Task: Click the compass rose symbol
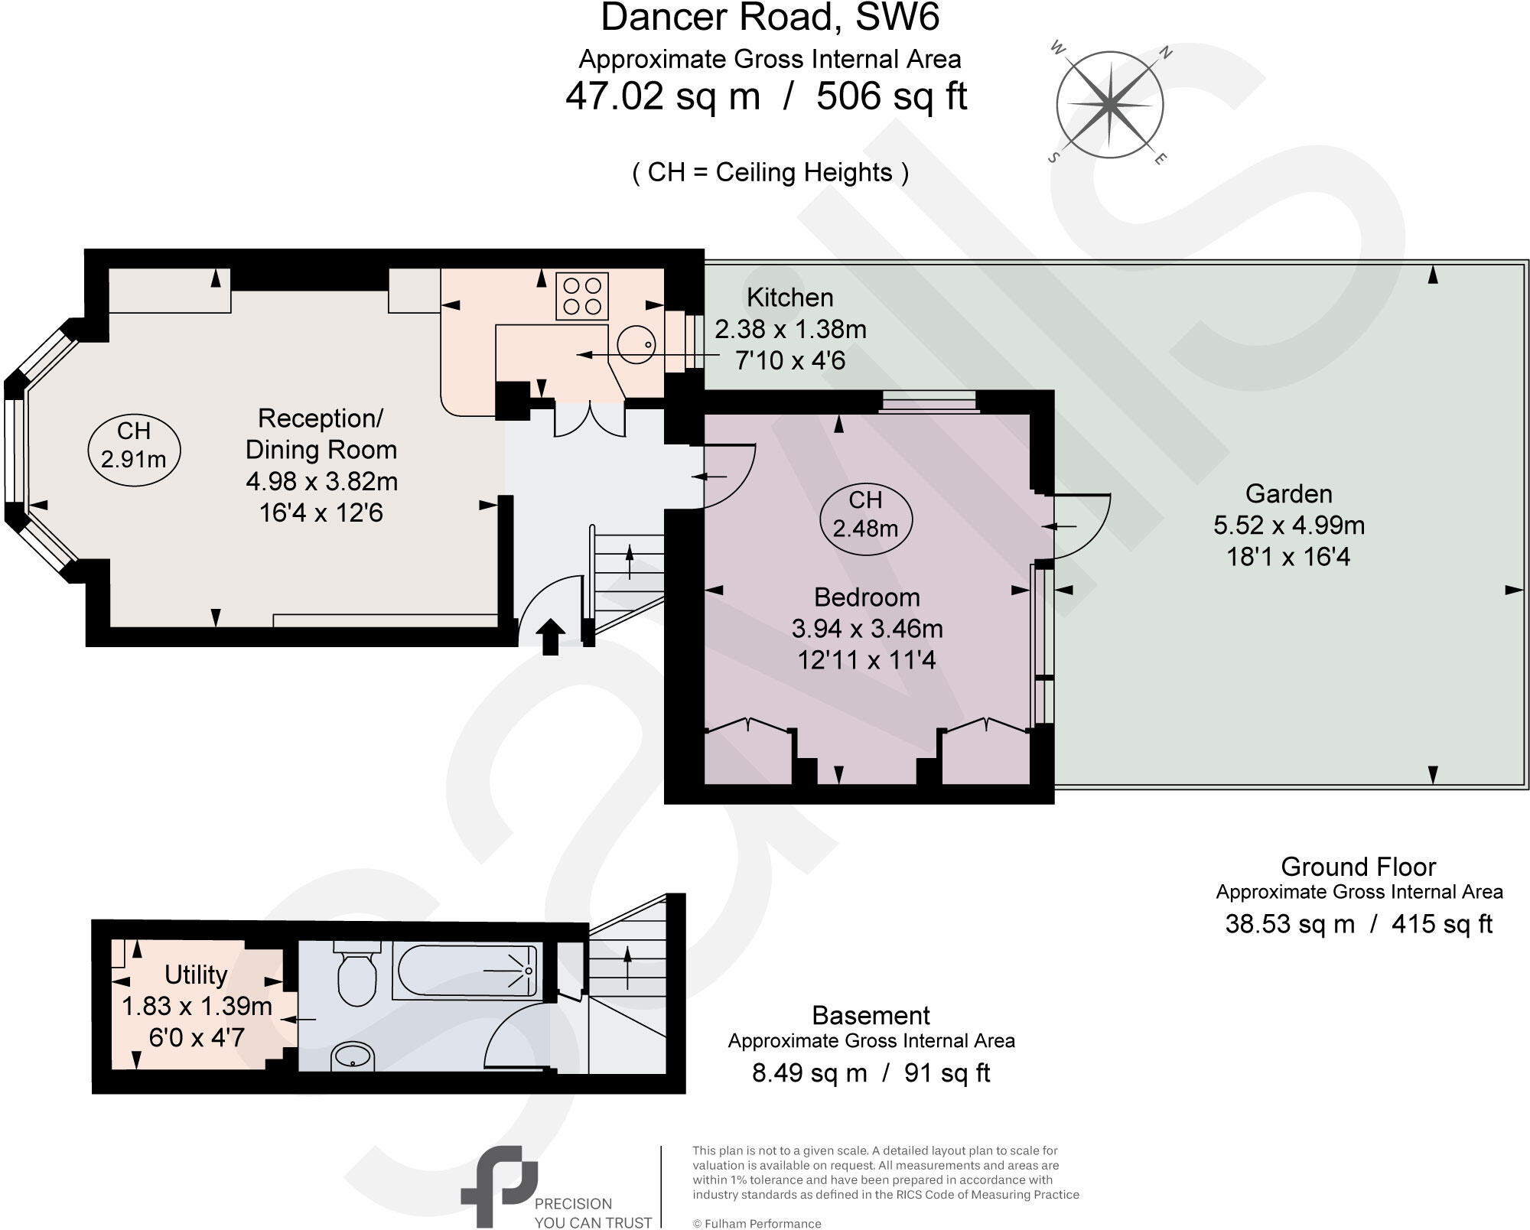1109,105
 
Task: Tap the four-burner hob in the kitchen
582,296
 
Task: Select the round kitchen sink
636,345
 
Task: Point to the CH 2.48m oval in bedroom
865,514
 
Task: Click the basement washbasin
353,1057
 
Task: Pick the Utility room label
196,975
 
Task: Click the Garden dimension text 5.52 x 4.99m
1289,526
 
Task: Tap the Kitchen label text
789,297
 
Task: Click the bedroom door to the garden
1081,526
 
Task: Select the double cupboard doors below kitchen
589,420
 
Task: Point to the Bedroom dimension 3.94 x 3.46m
867,629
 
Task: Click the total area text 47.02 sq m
662,97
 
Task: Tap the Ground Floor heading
1358,867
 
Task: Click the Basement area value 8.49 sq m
809,1072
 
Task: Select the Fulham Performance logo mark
498,1185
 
